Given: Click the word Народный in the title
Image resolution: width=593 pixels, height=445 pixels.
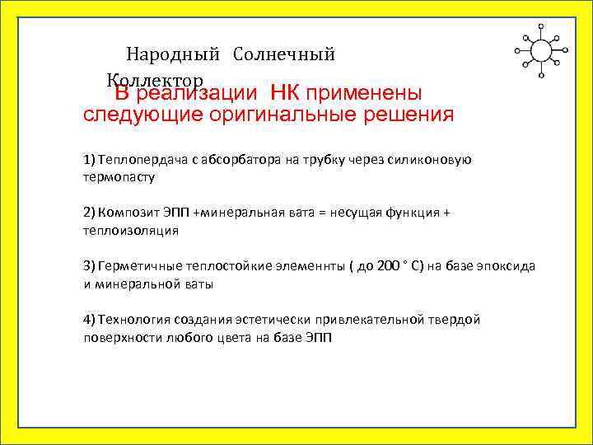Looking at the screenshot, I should pyautogui.click(x=173, y=55).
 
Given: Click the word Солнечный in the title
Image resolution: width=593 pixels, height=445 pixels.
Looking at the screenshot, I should pyautogui.click(x=284, y=55).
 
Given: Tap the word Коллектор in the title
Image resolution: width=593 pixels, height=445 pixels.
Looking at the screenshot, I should pyautogui.click(x=153, y=80).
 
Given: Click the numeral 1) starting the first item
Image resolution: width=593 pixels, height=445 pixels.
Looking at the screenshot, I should pyautogui.click(x=89, y=159).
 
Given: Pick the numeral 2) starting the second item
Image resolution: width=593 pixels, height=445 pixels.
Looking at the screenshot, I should pyautogui.click(x=89, y=213).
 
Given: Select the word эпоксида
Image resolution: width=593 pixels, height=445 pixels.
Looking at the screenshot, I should pyautogui.click(x=506, y=266).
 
